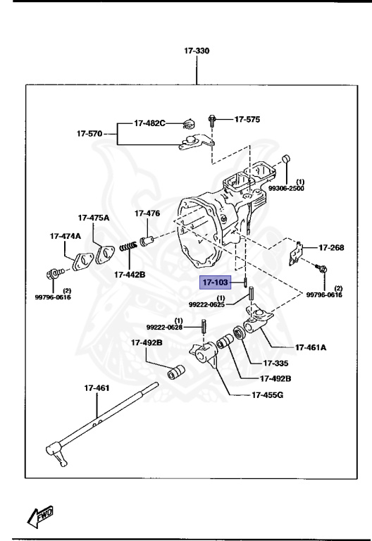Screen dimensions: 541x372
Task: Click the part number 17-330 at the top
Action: point(197,51)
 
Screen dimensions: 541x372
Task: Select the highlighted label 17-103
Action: point(216,283)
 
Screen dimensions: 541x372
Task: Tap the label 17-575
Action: point(247,120)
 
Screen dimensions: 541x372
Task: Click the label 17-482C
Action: point(149,124)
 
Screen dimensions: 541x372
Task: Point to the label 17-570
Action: point(89,132)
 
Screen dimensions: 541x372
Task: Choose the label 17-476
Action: point(147,213)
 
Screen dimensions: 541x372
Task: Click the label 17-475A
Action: point(94,218)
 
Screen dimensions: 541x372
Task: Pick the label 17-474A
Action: point(65,236)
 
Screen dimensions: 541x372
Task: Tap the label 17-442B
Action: point(130,274)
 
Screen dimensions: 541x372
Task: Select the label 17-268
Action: point(331,247)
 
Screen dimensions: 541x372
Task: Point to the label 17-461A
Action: point(310,347)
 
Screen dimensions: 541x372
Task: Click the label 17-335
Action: point(276,363)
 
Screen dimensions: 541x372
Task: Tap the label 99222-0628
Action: point(164,328)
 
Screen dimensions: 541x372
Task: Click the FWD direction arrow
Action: point(41,517)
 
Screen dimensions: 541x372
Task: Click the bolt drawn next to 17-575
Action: point(213,121)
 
